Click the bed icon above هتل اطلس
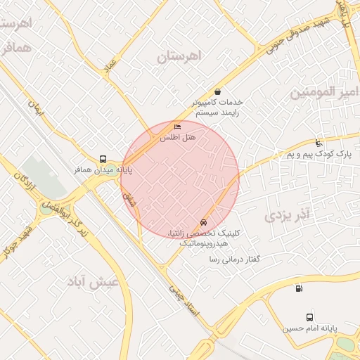click(177, 127)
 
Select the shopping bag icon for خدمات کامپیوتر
click(217, 91)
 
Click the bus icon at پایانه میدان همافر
click(103, 159)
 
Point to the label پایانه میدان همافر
click(103, 169)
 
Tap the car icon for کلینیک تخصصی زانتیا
click(204, 222)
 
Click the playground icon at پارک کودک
click(320, 143)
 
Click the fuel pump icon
click(300, 288)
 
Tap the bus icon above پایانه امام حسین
click(310, 318)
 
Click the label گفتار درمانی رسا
click(234, 259)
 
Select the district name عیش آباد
click(91, 282)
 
